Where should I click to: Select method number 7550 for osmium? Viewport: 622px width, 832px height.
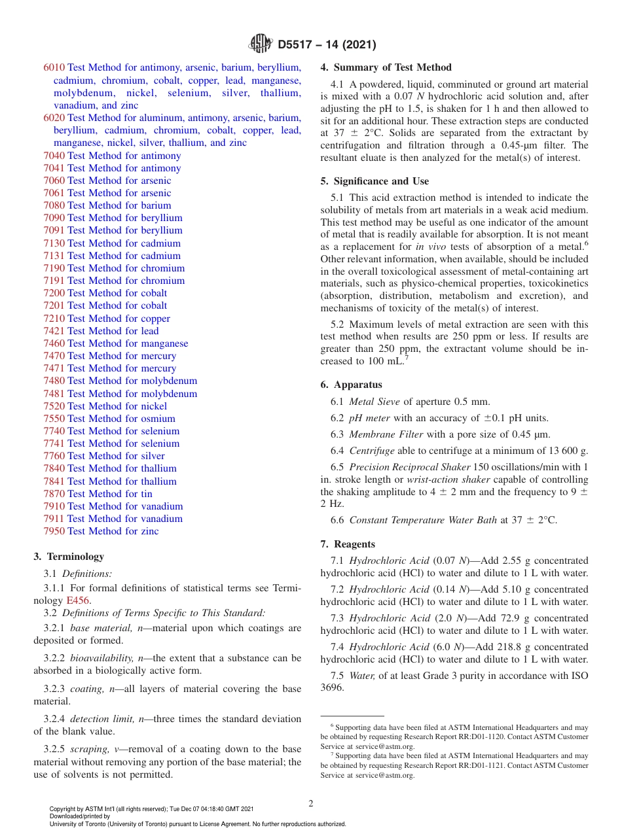pos(54,419)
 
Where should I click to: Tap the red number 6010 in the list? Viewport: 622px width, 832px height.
pos(54,68)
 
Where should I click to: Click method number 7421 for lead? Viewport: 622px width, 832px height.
pos(54,331)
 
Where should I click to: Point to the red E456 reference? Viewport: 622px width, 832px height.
pos(78,600)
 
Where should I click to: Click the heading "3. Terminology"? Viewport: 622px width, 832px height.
pos(69,557)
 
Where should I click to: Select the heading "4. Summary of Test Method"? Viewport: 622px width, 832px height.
pos(386,67)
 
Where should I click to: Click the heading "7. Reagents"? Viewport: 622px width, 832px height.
pos(348,544)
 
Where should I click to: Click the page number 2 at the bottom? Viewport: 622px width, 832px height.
pos(311,804)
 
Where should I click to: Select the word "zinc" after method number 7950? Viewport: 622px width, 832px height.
pos(150,531)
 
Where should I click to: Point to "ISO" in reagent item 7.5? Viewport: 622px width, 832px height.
pos(579,676)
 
